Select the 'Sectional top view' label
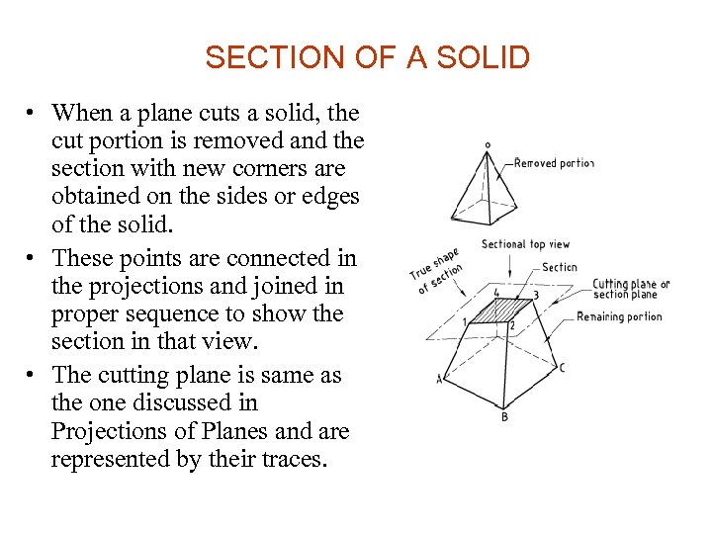click(x=525, y=244)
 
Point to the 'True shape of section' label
click(x=435, y=271)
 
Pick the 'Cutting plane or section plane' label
click(x=630, y=289)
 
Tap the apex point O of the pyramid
click(x=487, y=145)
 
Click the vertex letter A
click(x=439, y=379)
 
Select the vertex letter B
click(x=504, y=416)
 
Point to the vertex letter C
click(x=562, y=369)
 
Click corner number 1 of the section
click(x=464, y=322)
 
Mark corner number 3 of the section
click(x=536, y=295)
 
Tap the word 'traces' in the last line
click(x=286, y=459)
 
